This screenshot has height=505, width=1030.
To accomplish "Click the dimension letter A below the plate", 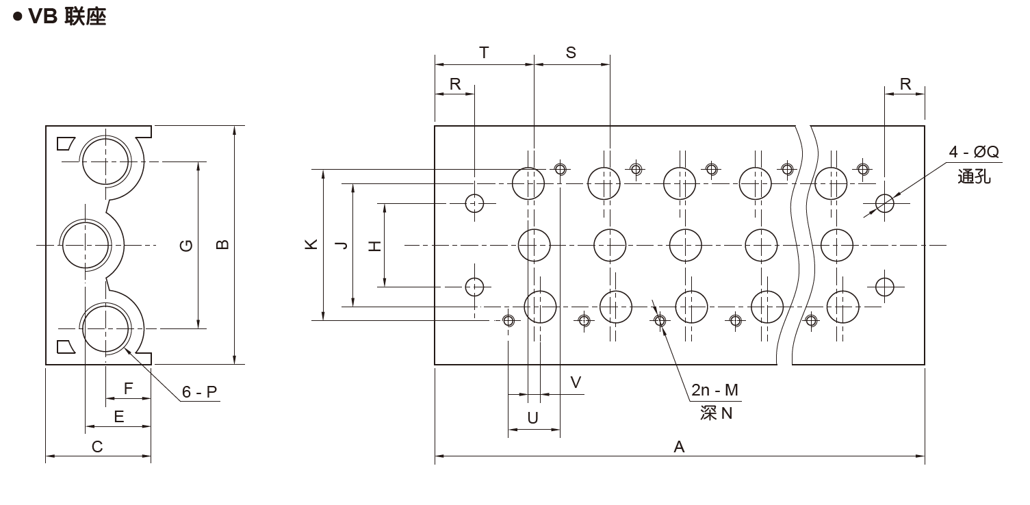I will coord(679,447).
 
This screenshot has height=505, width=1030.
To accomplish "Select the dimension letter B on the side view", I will coord(222,245).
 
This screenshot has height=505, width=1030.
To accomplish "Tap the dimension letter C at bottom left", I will coord(97,447).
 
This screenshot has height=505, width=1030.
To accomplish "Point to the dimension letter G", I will coord(186,246).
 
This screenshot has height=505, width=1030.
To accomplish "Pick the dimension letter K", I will coord(311,244).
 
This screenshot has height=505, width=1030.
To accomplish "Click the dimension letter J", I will coord(342,245).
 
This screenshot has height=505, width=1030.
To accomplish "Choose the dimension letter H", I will coord(374,245).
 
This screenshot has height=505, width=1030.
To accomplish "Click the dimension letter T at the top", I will coord(484,53).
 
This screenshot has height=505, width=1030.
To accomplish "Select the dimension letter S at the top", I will coord(571,53).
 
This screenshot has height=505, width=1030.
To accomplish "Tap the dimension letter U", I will coord(534,417).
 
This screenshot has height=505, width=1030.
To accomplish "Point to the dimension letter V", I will coord(576,383).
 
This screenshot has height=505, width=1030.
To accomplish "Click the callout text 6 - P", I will coord(199,392).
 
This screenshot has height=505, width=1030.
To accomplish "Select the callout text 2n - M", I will coord(714,390).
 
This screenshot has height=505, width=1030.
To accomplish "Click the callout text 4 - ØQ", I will coord(973,152).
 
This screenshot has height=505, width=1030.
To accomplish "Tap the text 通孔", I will coord(974,177).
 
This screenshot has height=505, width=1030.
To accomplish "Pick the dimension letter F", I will coord(128,389).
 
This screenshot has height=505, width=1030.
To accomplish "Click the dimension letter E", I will coord(119,417).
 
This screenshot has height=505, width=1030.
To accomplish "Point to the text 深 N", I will coord(716,413).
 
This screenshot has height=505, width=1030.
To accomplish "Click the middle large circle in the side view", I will coord(86,244).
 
